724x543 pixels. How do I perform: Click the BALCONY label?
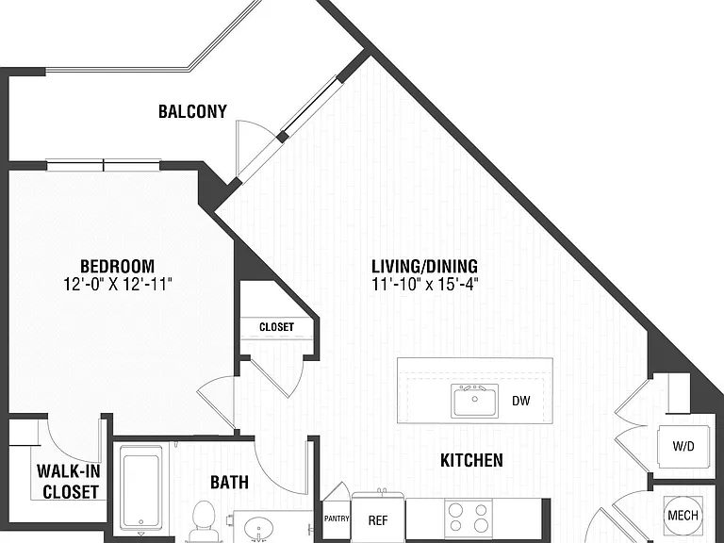tap(192, 112)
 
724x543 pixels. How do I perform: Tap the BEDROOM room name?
tap(117, 267)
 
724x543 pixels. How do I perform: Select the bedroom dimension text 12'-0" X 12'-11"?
tap(118, 284)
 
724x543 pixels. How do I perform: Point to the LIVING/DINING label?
tap(425, 267)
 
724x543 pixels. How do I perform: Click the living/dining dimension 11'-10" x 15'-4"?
tap(425, 284)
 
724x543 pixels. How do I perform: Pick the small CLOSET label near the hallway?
tap(276, 327)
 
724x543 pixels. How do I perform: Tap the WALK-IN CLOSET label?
tap(69, 482)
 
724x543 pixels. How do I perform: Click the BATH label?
tap(229, 483)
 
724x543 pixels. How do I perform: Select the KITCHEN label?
tap(471, 460)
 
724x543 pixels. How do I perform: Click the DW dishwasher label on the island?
tap(520, 401)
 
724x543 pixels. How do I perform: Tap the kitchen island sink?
tap(475, 400)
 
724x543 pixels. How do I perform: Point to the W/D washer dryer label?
tap(683, 446)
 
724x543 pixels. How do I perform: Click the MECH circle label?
tap(683, 516)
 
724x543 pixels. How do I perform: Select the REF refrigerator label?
tap(378, 520)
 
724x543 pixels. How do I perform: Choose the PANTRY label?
tap(337, 519)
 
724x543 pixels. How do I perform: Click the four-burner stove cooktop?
tap(469, 518)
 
